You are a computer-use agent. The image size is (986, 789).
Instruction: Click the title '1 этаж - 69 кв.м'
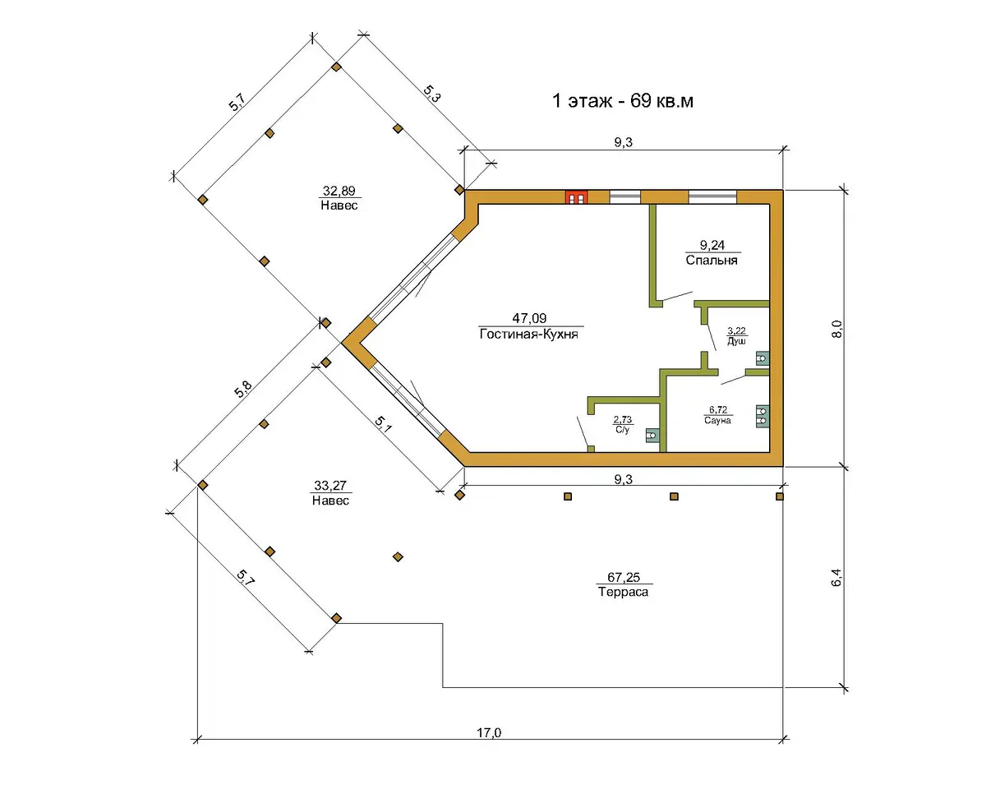click(623, 101)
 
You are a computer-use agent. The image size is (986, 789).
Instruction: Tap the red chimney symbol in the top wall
click(576, 197)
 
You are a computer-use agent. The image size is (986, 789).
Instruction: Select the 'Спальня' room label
click(712, 261)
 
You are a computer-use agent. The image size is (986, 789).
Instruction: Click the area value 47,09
click(529, 318)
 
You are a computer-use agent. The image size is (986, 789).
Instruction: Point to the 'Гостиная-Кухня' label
click(528, 334)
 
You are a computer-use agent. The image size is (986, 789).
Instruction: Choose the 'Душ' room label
click(736, 341)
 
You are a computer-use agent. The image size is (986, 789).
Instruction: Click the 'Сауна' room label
click(717, 421)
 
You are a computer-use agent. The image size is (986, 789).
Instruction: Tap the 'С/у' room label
click(622, 430)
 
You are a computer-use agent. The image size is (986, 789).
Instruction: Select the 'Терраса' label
click(623, 592)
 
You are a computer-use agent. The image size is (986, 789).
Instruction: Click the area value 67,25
click(624, 577)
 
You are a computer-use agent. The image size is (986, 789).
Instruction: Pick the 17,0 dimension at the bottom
click(489, 732)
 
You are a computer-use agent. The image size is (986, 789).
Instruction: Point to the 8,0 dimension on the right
click(836, 329)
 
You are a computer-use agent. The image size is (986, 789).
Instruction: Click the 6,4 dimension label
click(836, 577)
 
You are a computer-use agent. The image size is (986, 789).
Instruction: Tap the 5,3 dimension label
click(431, 94)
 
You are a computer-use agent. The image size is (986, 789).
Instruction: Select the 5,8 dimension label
click(243, 390)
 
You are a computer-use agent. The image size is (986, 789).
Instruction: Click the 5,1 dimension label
click(383, 424)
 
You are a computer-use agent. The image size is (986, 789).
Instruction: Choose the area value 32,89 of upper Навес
click(339, 190)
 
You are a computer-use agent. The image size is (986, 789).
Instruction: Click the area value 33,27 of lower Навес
click(330, 485)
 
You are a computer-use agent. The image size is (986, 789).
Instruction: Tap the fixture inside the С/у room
click(652, 435)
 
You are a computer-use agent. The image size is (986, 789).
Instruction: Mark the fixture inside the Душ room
click(763, 358)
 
